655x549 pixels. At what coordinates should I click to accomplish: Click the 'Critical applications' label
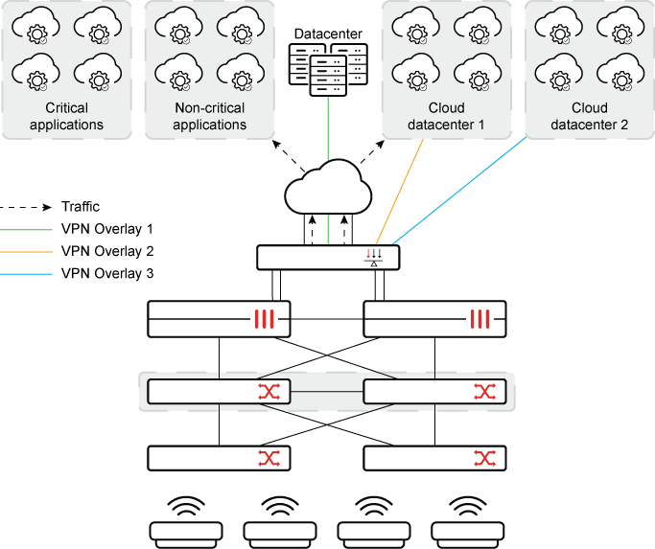tap(66, 117)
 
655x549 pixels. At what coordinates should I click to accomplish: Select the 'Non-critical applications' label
tap(210, 117)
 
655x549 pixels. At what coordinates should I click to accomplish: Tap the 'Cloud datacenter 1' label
tap(448, 117)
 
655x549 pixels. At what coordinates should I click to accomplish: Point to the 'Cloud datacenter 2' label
tap(590, 117)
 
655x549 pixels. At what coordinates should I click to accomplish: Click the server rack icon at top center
tap(328, 66)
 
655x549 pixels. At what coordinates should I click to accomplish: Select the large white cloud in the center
tap(328, 189)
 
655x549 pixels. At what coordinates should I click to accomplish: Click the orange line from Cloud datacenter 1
tap(401, 188)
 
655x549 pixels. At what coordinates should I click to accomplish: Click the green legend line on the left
tap(27, 230)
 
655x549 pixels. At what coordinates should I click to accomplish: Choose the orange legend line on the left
tap(27, 252)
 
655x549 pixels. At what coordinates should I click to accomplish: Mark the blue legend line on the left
tap(27, 274)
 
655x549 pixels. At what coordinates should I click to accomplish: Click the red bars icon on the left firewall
tap(266, 319)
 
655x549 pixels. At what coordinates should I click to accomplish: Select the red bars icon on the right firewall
tap(480, 319)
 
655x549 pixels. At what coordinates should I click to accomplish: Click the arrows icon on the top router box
tap(374, 257)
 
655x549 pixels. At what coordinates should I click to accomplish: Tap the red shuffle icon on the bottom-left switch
tap(269, 458)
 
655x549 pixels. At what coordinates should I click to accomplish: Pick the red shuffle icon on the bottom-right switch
tap(484, 458)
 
